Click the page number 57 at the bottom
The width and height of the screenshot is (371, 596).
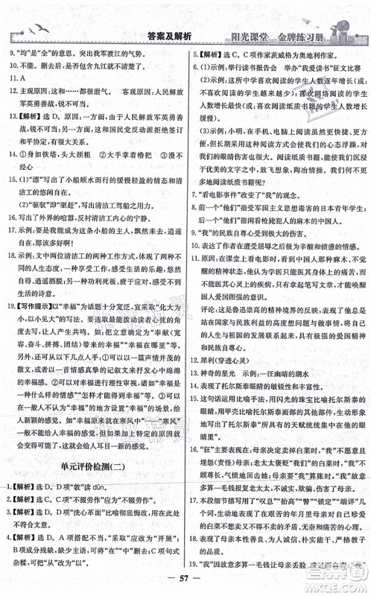185,583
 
